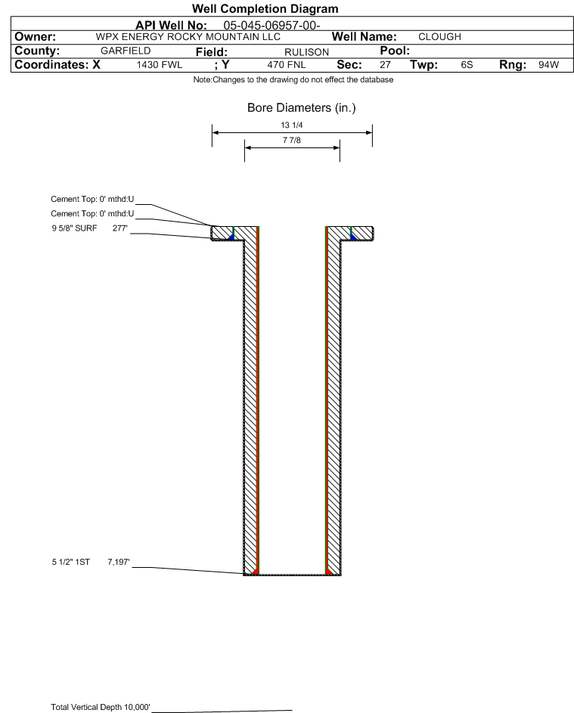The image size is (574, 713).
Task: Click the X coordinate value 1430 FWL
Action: coord(159,65)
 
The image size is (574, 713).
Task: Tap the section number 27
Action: coord(385,65)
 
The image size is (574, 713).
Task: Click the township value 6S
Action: coord(467,65)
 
